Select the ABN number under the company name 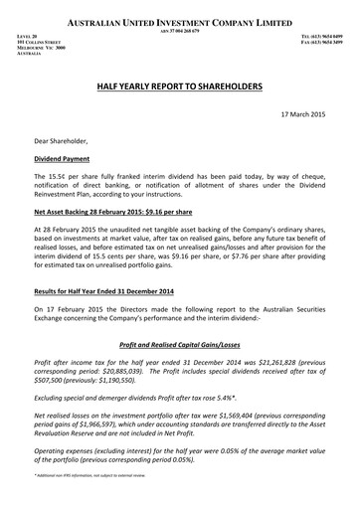click(x=180, y=30)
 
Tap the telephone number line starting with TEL click(x=317, y=36)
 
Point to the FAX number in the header click(x=317, y=42)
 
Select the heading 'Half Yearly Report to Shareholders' click(x=180, y=87)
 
